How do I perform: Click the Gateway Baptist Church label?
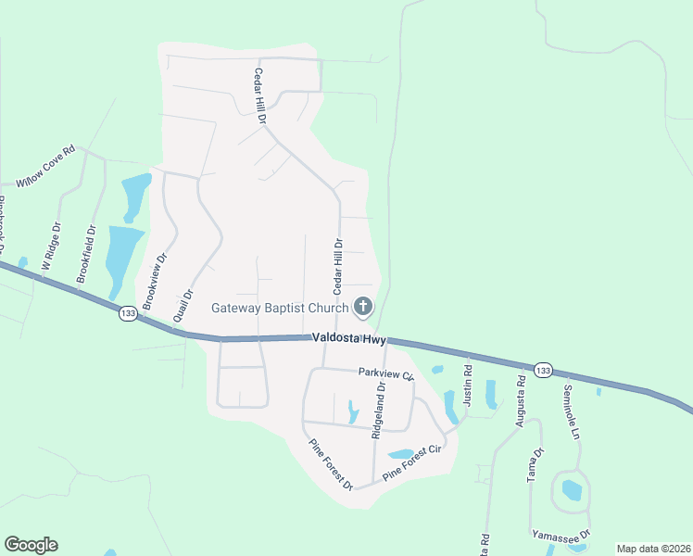tap(280, 308)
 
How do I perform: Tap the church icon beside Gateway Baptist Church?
tap(364, 307)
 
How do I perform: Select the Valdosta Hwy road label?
tap(348, 340)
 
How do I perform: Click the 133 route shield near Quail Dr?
tap(128, 315)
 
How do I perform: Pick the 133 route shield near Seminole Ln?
tap(543, 371)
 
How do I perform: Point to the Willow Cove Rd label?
tap(44, 166)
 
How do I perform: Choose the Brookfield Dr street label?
tap(85, 253)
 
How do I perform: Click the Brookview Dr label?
tap(154, 282)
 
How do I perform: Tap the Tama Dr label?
tap(535, 464)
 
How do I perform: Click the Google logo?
tap(31, 545)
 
